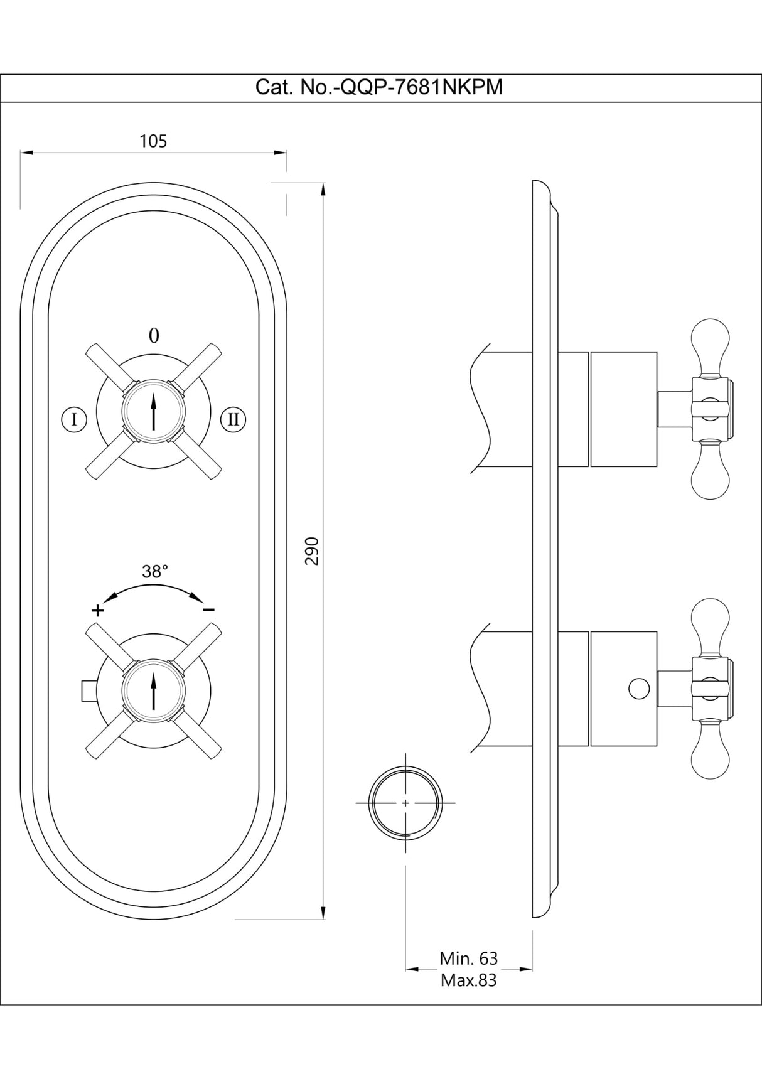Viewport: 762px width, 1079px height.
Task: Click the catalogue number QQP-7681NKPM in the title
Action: [x=420, y=87]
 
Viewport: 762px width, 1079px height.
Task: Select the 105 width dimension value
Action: [x=153, y=141]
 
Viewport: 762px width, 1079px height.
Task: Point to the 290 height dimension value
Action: [x=312, y=550]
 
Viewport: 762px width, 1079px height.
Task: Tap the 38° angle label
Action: [x=154, y=572]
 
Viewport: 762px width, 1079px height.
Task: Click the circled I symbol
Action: [x=75, y=419]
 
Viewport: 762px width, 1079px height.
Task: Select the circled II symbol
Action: [x=233, y=419]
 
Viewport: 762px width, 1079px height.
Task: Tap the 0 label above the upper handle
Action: [x=154, y=336]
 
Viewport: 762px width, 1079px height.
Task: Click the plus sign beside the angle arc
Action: [x=97, y=610]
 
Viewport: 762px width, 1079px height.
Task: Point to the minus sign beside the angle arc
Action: [x=209, y=609]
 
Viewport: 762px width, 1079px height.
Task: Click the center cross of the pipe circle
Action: [x=405, y=803]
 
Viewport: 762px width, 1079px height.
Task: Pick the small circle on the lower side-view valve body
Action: [x=638, y=689]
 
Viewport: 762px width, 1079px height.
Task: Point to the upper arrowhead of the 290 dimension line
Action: [x=323, y=189]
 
